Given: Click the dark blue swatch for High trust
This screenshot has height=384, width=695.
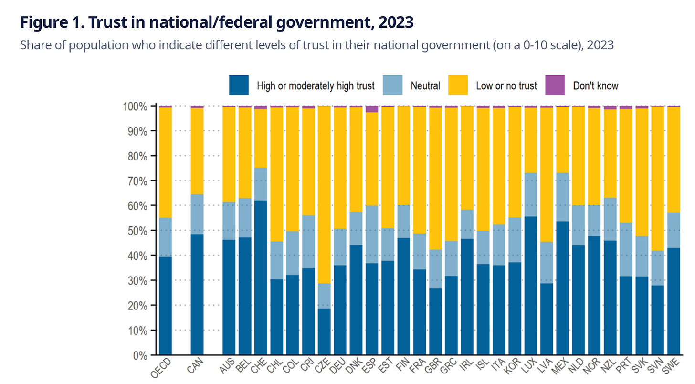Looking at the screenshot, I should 239,85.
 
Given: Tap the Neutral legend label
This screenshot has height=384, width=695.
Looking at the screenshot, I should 425,86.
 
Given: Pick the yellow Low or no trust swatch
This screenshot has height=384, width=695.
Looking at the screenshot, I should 457,85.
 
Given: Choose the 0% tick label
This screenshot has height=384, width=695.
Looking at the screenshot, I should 139,355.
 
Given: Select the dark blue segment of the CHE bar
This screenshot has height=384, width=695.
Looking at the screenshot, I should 261,277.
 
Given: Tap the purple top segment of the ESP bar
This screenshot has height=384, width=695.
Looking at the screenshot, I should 372,109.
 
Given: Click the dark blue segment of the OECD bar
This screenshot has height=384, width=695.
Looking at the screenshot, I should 166,306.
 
